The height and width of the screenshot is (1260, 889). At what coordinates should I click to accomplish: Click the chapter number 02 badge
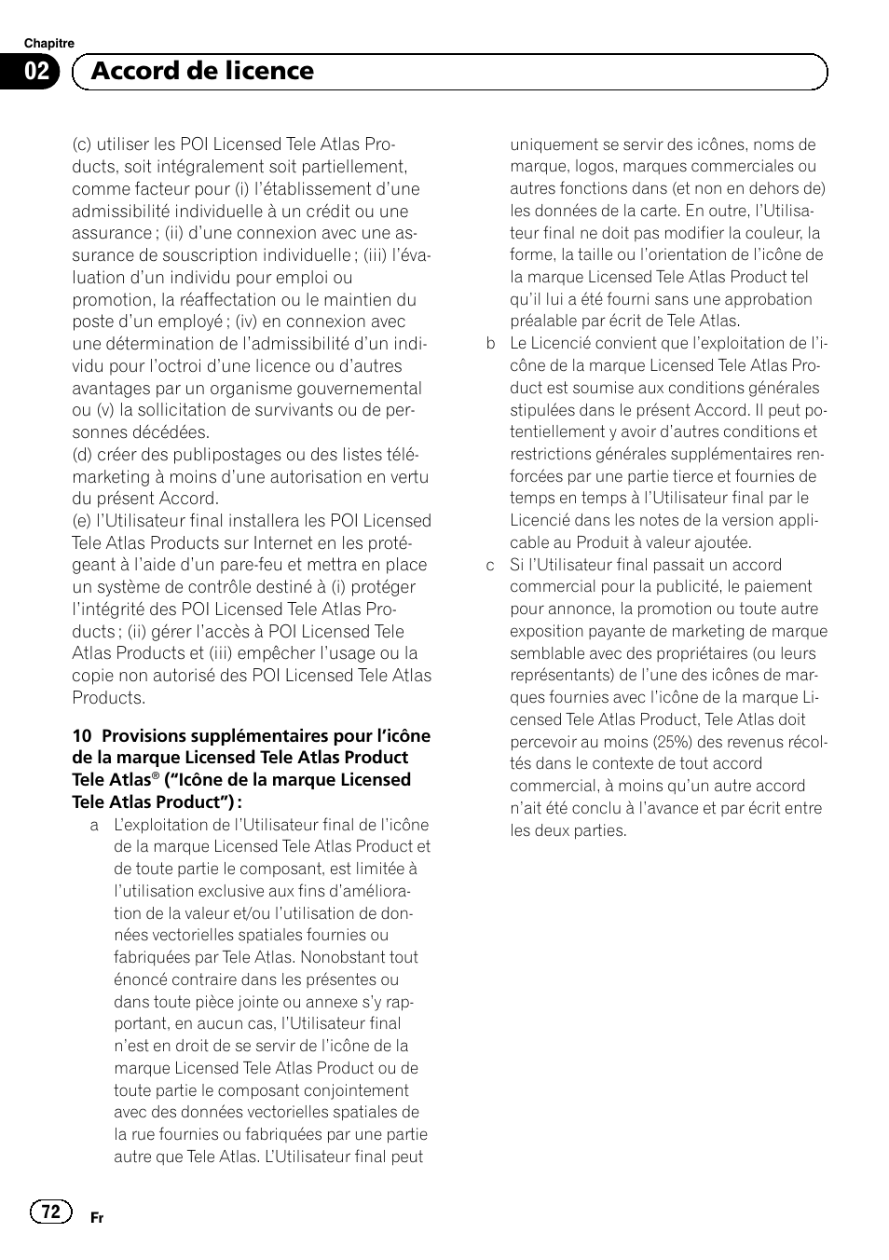pos(37,72)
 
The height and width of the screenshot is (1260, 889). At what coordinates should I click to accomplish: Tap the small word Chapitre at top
pos(48,44)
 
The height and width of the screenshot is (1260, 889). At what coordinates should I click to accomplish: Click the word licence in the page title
pos(271,71)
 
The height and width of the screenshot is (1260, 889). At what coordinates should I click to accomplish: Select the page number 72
pos(50,1211)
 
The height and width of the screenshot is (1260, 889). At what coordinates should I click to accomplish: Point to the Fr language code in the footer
pos(97,1218)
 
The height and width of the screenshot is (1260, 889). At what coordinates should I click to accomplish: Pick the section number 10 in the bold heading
pos(81,736)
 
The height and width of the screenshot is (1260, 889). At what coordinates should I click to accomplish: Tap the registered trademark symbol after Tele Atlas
pos(156,775)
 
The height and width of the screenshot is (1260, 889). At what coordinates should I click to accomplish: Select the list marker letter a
pos(94,826)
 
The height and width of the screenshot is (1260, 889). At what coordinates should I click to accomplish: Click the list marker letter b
pos(490,344)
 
